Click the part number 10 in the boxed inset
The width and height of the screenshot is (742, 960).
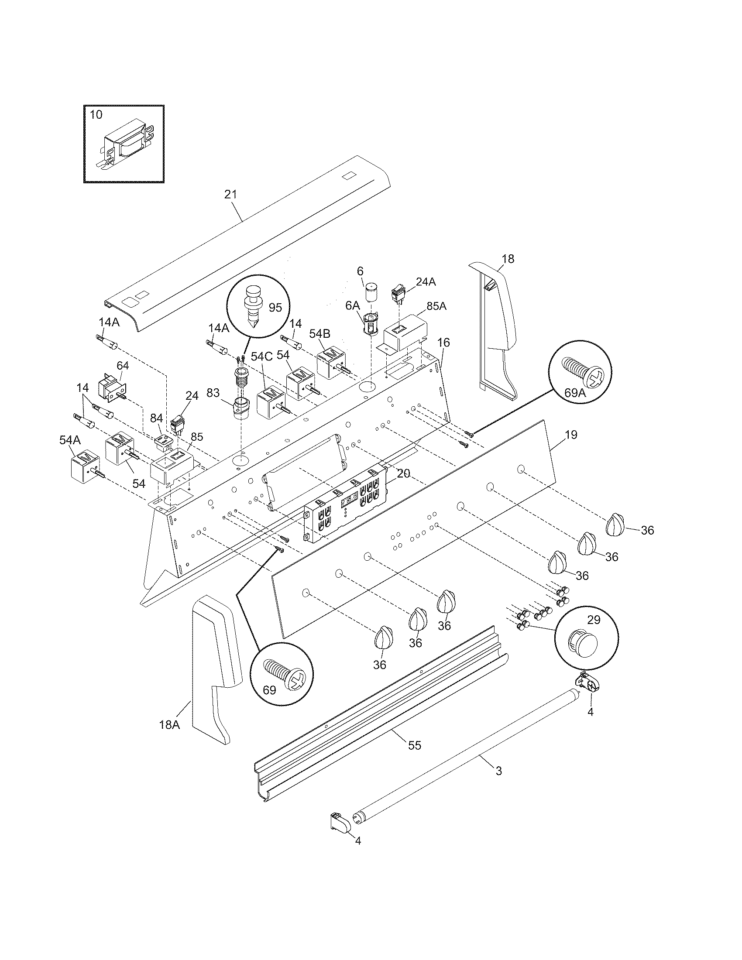tap(96, 115)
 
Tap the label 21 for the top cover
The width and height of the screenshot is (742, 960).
tap(230, 194)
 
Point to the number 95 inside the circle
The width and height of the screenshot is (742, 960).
tap(275, 307)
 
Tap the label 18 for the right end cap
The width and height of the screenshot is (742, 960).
tap(508, 258)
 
